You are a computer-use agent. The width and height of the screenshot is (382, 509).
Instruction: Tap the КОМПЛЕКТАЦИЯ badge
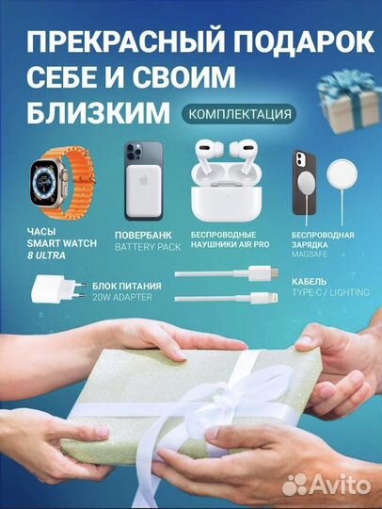pyautogui.click(x=238, y=113)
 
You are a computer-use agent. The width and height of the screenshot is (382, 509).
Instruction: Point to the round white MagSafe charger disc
pyautogui.click(x=346, y=176)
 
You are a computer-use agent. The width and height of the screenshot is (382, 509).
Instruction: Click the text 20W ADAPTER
pyautogui.click(x=120, y=297)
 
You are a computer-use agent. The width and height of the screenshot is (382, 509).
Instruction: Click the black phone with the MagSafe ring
pyautogui.click(x=302, y=176)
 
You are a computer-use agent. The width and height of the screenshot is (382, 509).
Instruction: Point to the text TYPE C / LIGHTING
pyautogui.click(x=331, y=292)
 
